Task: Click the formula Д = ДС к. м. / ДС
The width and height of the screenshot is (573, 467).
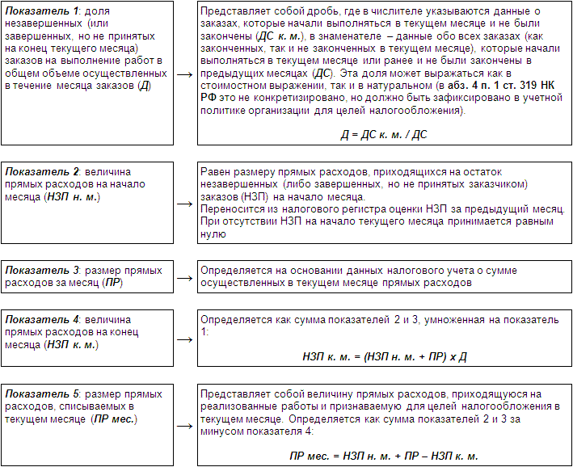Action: (x=383, y=134)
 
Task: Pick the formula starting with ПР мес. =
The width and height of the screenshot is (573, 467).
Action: (x=384, y=456)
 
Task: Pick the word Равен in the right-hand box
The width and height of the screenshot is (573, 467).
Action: (x=214, y=171)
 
